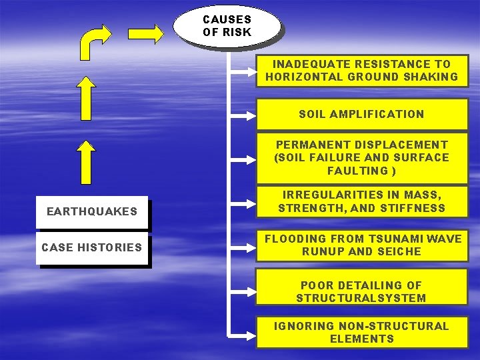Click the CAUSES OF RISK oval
(227, 26)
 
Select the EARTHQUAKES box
(92, 212)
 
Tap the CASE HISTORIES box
(92, 248)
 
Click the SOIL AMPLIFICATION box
(361, 114)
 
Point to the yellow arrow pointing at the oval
(145, 33)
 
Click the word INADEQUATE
(309, 64)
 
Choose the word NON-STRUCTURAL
(393, 326)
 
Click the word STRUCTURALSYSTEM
(361, 298)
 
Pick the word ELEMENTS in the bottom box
(361, 339)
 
